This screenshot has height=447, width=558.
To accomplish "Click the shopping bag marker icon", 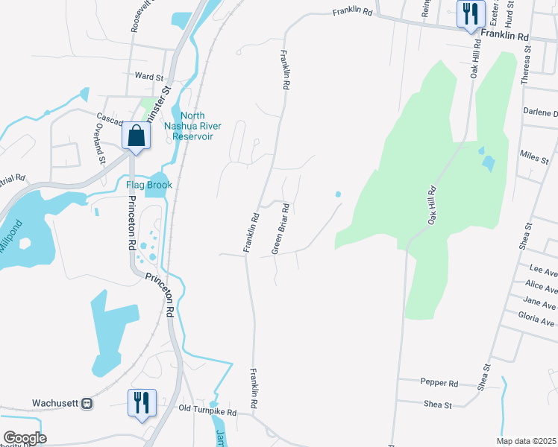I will coord(136,137).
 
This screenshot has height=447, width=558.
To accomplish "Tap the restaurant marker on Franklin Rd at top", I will coord(470,14).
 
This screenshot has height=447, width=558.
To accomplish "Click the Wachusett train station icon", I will coord(87,403).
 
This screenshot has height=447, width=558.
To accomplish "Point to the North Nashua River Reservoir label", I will coord(192,125).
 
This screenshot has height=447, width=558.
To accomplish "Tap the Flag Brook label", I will coord(148,185).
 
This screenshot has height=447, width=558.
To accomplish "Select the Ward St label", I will coord(149,76).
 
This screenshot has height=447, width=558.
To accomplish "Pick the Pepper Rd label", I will coord(439,383).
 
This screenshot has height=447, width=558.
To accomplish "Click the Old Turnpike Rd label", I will coord(207,411).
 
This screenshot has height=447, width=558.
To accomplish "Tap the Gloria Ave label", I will coord(536,321).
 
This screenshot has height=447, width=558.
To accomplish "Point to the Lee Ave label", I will coord(542,267).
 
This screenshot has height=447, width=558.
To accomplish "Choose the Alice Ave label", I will coord(541,285).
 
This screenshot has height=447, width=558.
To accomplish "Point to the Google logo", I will coord(25,437).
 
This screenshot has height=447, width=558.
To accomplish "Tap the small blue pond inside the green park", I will coord(488,161).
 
